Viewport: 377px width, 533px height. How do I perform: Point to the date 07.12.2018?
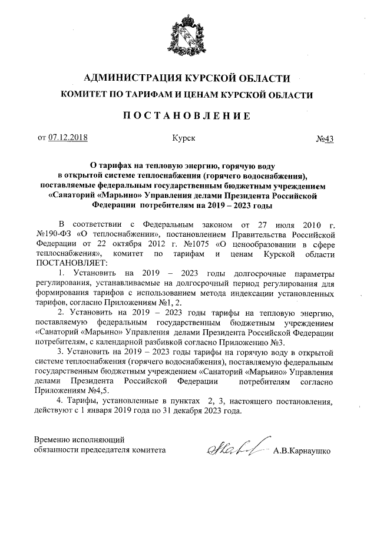click(x=67, y=138)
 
